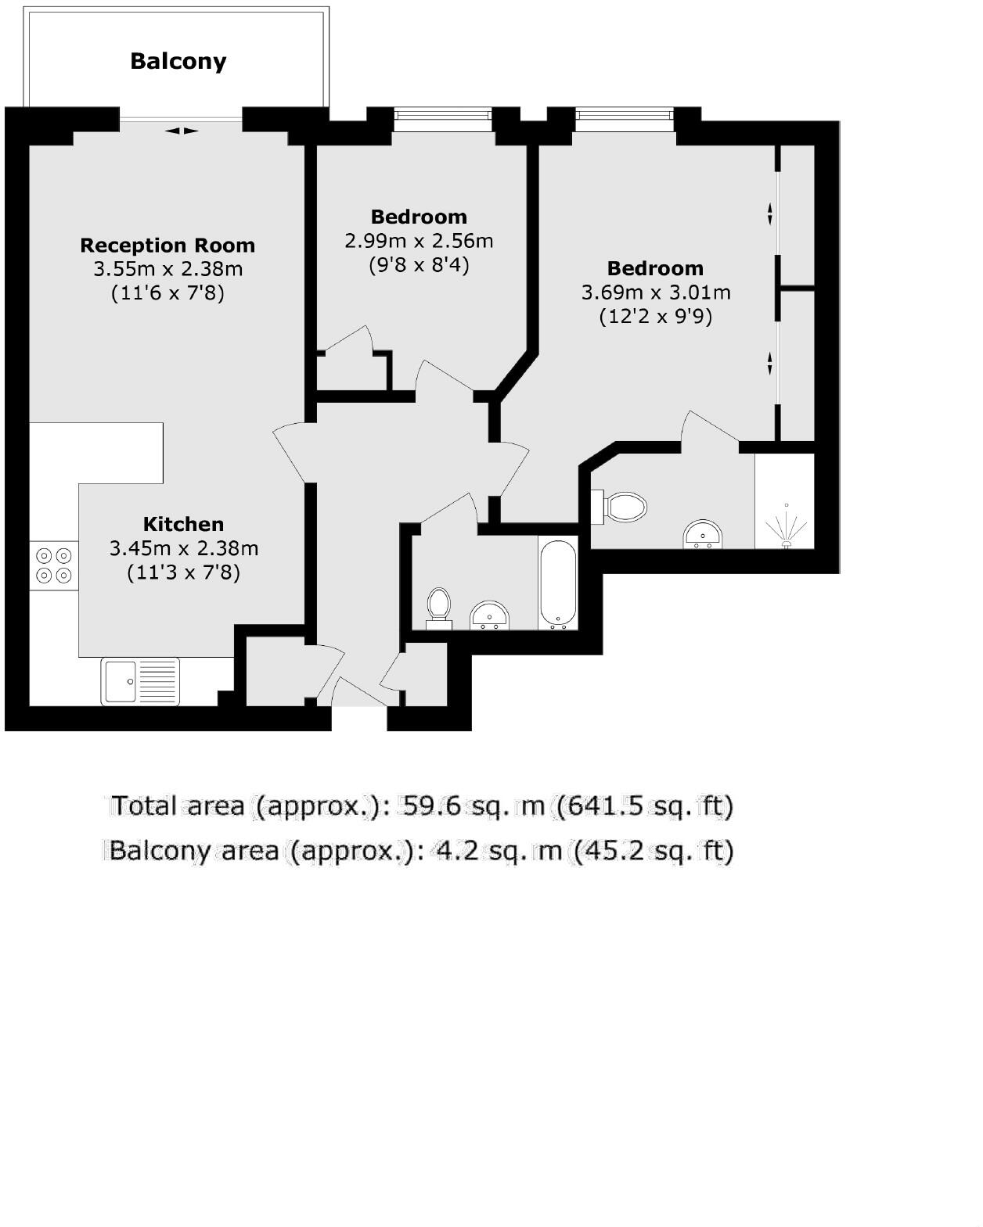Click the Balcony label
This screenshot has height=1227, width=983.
point(178,61)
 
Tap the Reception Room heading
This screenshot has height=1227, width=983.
point(167,246)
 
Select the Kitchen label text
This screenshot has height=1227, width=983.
point(183,523)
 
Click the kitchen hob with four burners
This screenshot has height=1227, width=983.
point(54,565)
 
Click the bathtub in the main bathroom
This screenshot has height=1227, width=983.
point(558,584)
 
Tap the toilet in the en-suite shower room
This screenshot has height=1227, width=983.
point(619,506)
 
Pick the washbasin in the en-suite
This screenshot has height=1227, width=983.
point(703,533)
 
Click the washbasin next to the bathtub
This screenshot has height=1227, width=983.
point(490,615)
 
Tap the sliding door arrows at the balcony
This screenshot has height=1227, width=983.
point(182,131)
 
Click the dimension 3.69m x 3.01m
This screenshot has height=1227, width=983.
point(656,292)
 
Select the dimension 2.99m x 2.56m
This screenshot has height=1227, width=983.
point(419,241)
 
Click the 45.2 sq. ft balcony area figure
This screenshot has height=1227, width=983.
point(654,851)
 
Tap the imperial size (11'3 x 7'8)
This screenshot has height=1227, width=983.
point(183,572)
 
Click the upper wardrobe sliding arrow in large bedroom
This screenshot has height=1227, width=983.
point(769,213)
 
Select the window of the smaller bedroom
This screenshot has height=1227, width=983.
point(443,115)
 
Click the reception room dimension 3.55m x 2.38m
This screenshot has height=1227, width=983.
point(167,269)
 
